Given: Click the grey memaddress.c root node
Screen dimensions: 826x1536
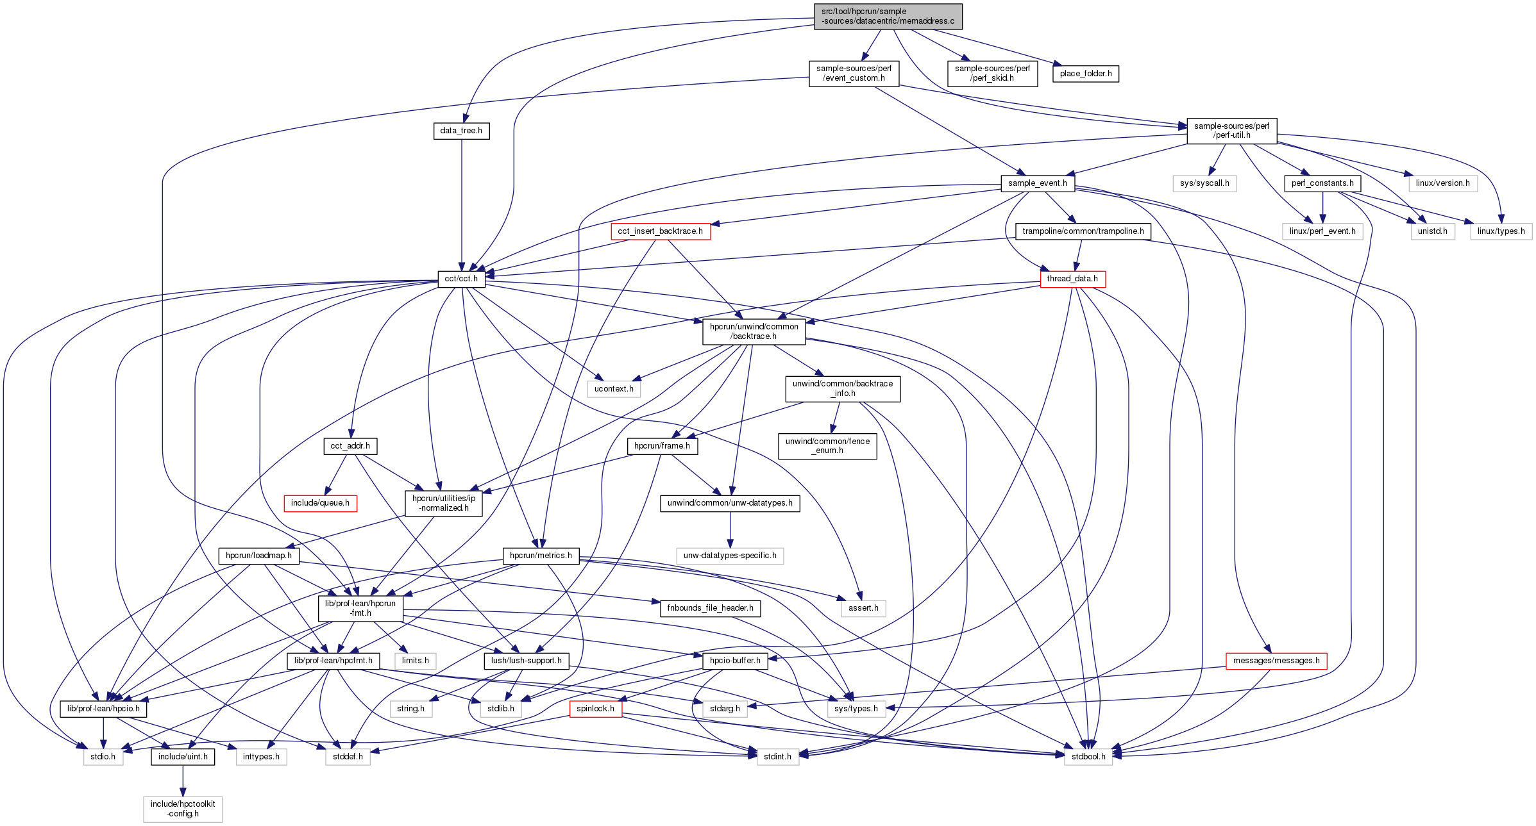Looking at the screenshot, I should point(888,16).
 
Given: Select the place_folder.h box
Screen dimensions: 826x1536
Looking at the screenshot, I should point(1085,74).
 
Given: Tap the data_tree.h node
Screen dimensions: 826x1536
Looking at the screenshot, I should point(461,131).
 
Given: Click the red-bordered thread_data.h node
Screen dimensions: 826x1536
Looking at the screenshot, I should point(1072,279).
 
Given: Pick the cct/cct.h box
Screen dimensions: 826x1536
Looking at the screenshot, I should point(461,279).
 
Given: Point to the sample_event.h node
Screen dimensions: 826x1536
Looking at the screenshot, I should point(1037,183).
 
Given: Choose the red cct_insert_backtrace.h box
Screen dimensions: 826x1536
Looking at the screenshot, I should point(660,231).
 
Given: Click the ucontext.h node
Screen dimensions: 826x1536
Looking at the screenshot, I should point(614,389).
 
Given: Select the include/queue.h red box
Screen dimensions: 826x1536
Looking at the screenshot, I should point(320,503).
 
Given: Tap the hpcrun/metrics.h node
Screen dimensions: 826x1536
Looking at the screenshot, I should point(541,556).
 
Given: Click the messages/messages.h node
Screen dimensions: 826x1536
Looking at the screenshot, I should point(1276,661).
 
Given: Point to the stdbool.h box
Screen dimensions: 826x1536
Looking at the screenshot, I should point(1088,757).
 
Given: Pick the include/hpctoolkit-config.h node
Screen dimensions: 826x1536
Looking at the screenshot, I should point(183,809).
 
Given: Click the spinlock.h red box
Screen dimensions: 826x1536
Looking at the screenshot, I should point(595,709).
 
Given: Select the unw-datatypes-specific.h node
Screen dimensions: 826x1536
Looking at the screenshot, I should point(730,556).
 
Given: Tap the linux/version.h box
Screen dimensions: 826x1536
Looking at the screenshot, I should point(1442,183).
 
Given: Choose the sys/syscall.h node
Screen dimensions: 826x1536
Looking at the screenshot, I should point(1204,183).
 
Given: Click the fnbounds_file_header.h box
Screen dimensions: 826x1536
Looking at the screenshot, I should point(710,608).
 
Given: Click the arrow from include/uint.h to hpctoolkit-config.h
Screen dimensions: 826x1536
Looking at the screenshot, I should point(183,781).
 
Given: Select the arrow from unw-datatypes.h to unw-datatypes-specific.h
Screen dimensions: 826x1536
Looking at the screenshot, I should point(730,529).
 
